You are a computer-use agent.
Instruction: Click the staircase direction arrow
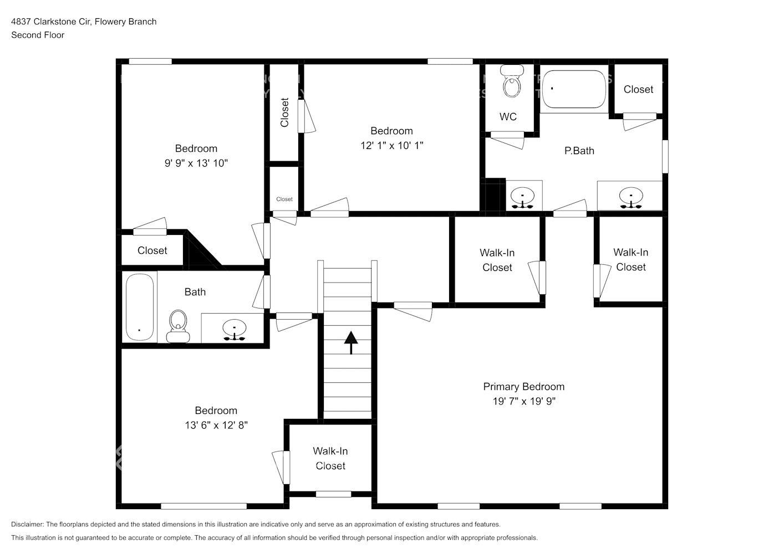point(350,342)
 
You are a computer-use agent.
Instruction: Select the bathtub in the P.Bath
point(573,89)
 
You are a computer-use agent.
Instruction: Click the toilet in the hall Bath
point(178,326)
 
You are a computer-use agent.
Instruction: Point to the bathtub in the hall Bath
point(139,307)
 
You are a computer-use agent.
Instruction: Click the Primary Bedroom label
point(523,387)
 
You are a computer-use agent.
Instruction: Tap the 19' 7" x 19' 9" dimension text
point(523,401)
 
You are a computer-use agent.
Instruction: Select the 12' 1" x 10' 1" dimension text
point(391,145)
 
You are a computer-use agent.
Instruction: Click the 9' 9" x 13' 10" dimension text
point(196,163)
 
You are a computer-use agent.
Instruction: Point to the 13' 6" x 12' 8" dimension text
point(216,425)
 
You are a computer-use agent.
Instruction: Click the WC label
point(508,116)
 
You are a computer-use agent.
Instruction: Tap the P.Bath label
point(579,151)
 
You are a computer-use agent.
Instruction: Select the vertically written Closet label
point(284,112)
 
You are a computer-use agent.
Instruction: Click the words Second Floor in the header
point(38,35)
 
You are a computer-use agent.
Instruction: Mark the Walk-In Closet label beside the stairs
point(330,458)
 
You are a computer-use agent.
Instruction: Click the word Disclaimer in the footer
point(27,524)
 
